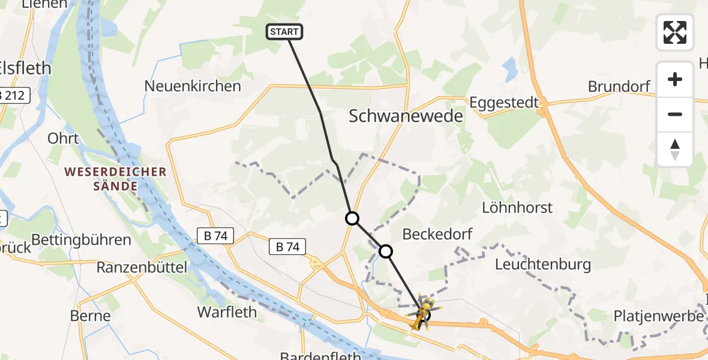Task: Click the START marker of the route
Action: pyautogui.click(x=284, y=32)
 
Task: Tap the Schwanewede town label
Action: pyautogui.click(x=406, y=116)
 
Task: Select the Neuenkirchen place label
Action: pyautogui.click(x=193, y=86)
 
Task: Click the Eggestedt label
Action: pyautogui.click(x=505, y=102)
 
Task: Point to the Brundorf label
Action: pyautogui.click(x=619, y=86)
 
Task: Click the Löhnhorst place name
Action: pyautogui.click(x=517, y=208)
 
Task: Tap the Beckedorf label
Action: pyautogui.click(x=437, y=234)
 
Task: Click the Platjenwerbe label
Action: pyautogui.click(x=658, y=316)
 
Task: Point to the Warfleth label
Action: pyautogui.click(x=227, y=312)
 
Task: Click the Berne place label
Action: pyautogui.click(x=91, y=316)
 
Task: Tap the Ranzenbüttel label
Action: pyautogui.click(x=143, y=266)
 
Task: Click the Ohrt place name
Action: pyautogui.click(x=63, y=139)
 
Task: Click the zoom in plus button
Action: pyautogui.click(x=675, y=79)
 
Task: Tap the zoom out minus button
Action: pyautogui.click(x=675, y=114)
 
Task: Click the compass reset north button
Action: pyautogui.click(x=675, y=149)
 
